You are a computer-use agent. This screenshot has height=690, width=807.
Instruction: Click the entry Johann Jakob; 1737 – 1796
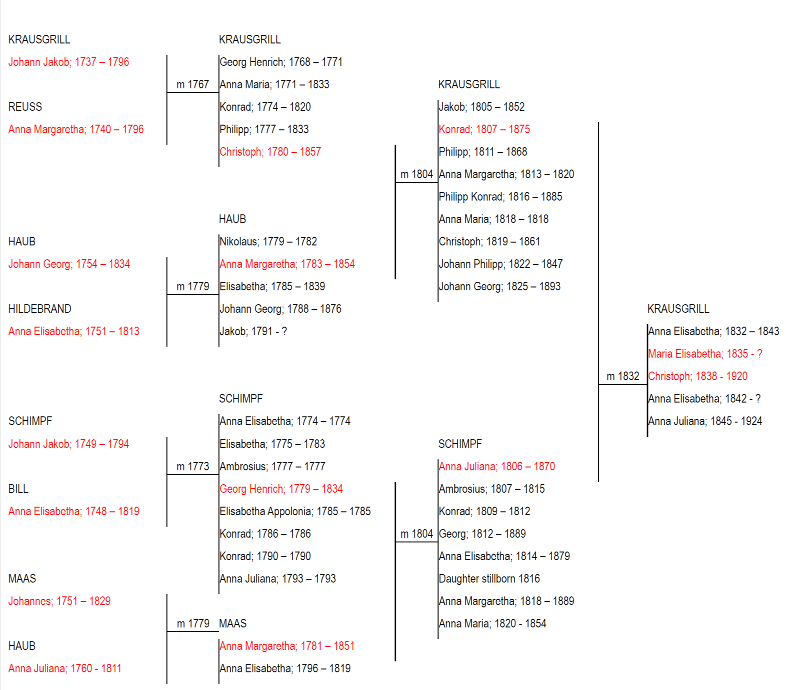(x=69, y=62)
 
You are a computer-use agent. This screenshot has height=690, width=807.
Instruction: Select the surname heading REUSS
(x=25, y=107)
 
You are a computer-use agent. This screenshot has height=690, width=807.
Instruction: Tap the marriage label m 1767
(x=193, y=85)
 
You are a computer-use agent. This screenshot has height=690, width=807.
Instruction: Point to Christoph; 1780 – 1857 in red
(x=270, y=152)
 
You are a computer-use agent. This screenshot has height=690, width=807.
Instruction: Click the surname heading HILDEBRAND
(x=40, y=309)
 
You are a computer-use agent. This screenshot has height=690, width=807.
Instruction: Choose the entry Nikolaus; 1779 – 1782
(x=268, y=242)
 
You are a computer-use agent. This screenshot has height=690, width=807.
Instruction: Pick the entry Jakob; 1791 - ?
(x=254, y=331)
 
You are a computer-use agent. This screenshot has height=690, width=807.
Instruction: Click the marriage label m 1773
(x=193, y=467)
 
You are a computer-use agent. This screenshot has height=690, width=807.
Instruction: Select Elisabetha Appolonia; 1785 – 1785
(x=295, y=511)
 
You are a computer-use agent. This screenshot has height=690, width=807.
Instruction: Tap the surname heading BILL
(x=18, y=489)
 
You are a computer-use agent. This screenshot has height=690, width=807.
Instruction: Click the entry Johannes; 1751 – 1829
(x=60, y=601)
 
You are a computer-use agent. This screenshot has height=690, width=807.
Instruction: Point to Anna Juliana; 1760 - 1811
(x=65, y=669)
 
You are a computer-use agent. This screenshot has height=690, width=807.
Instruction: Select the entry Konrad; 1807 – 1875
(x=485, y=129)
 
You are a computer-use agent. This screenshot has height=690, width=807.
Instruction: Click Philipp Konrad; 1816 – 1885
(x=500, y=197)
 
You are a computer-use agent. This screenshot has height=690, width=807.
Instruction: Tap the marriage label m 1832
(x=623, y=376)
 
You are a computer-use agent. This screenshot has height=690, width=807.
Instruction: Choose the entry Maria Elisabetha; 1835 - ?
(x=705, y=354)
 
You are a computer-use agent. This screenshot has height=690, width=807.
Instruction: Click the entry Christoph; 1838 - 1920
(x=698, y=376)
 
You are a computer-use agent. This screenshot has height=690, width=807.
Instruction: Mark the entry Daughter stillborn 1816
(x=489, y=579)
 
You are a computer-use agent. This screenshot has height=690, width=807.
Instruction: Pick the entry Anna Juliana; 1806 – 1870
(x=497, y=467)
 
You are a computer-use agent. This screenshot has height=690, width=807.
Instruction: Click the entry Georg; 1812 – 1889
(x=482, y=534)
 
